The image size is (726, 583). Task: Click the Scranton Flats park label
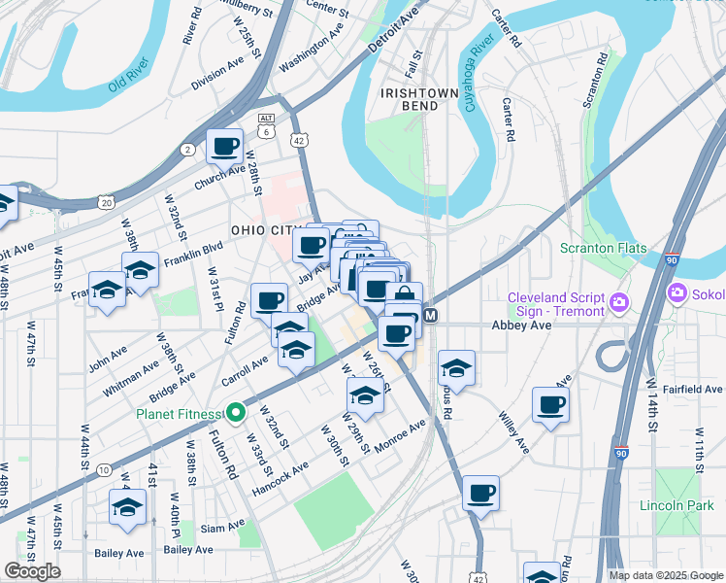603,248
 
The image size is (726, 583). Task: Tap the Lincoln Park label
676,505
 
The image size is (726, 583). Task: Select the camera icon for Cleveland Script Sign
618,306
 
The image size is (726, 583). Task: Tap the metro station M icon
431,316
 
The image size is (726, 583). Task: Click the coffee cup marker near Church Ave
225,147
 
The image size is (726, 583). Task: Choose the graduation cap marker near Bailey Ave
127,507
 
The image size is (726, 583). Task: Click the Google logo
32,571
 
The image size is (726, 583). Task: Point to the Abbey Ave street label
521,326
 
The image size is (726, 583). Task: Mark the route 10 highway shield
103,470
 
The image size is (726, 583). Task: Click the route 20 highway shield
106,202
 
